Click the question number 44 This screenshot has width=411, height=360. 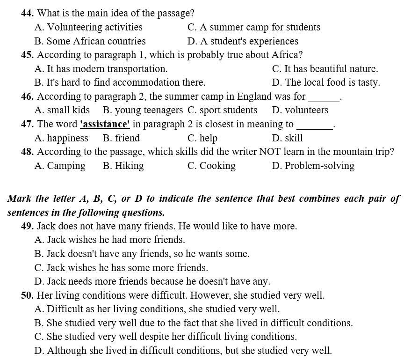tap(27, 14)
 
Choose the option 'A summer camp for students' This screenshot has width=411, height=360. tap(260, 27)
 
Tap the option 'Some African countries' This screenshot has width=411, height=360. tap(96, 41)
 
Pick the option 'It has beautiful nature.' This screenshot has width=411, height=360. tap(331, 69)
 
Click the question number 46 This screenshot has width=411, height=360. tap(27, 97)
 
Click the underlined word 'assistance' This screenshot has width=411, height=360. tap(105, 125)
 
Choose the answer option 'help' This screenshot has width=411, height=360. tap(208, 138)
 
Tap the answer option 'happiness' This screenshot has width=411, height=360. tap(67, 138)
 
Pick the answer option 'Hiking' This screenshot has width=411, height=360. tap(129, 166)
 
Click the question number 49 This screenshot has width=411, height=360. tap(27, 226)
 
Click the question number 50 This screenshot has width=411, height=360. tap(27, 295)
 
